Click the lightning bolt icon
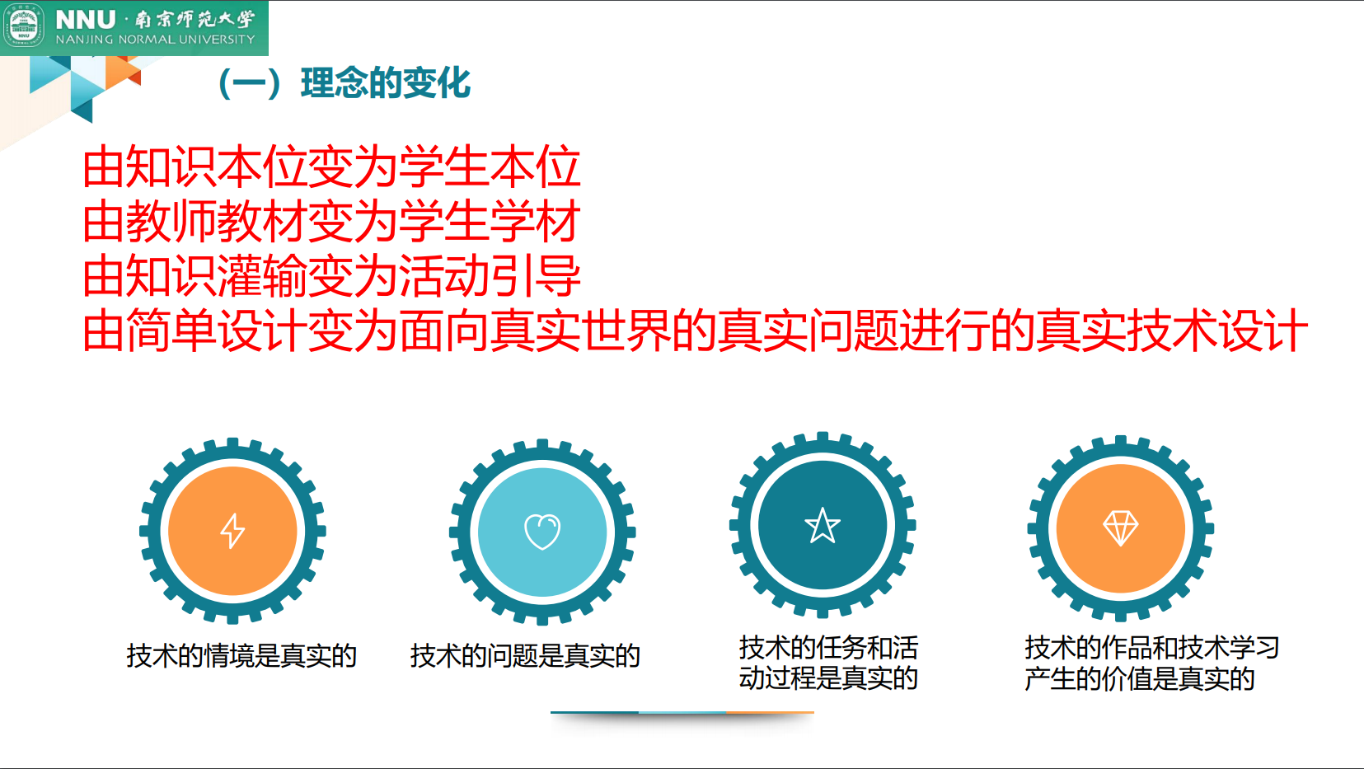(232, 531)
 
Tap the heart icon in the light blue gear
(542, 532)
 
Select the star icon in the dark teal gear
(822, 526)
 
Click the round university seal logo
(24, 26)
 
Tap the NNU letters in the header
(85, 20)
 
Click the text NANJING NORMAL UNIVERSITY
(155, 40)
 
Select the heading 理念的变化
(386, 83)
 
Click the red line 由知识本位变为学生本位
(331, 166)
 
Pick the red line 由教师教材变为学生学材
(331, 221)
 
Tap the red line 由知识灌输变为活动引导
(331, 276)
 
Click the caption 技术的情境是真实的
(241, 656)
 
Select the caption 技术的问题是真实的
(525, 656)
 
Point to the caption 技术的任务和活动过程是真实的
(828, 663)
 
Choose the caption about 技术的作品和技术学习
(1151, 663)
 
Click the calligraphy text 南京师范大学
(195, 20)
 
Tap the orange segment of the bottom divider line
(771, 712)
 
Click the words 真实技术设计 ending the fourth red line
(1172, 331)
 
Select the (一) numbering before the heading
(251, 83)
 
